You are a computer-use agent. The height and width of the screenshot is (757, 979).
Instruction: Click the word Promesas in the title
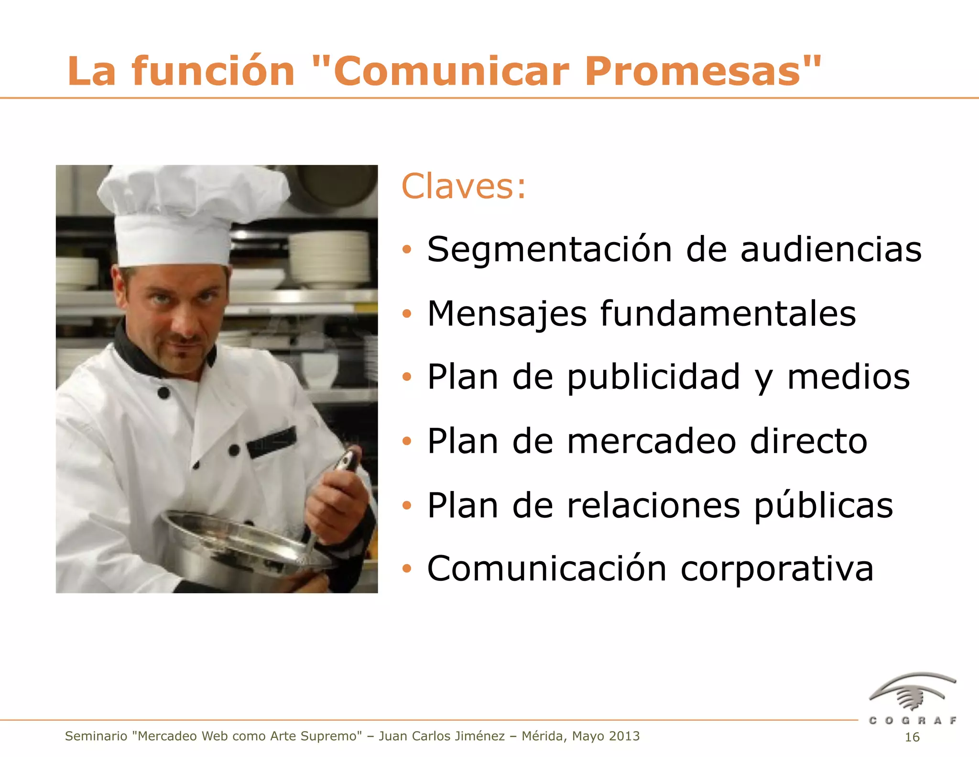coord(703,72)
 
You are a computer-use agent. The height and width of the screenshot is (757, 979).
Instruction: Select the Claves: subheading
coord(463,187)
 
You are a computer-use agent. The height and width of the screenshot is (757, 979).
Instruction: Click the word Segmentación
coord(550,250)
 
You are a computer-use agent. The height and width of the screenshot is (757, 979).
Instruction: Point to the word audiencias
coord(831,250)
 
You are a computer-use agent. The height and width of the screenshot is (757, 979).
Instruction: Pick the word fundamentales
coord(728,314)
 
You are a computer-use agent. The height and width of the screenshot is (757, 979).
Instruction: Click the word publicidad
coord(653,378)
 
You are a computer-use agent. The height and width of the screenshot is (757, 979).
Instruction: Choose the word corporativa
coord(777,569)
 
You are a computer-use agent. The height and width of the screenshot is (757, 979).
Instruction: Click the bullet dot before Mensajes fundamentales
coord(407,314)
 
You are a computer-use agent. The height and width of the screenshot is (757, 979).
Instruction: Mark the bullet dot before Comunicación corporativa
coord(407,569)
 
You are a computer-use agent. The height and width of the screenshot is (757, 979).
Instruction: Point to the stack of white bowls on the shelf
coord(330,258)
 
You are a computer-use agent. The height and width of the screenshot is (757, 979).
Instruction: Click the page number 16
coord(912,737)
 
